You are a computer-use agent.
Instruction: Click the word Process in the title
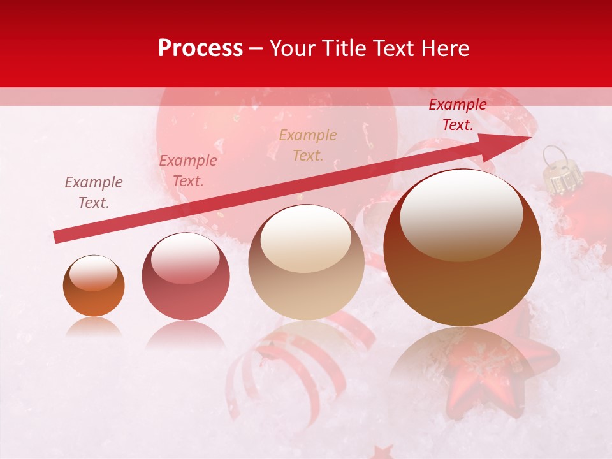[200, 48]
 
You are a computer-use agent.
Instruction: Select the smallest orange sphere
[94, 286]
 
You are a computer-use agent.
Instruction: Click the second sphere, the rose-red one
[186, 277]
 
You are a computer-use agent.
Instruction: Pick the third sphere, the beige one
[306, 262]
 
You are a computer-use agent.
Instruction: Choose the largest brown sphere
[462, 247]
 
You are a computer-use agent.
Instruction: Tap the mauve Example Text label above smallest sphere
[94, 192]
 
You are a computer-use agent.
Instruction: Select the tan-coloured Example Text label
[308, 145]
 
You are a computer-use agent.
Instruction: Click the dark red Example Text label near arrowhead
[457, 115]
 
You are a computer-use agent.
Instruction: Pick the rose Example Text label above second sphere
[187, 170]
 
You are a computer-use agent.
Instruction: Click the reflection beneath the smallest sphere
[94, 326]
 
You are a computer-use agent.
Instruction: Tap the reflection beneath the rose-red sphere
[186, 334]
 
